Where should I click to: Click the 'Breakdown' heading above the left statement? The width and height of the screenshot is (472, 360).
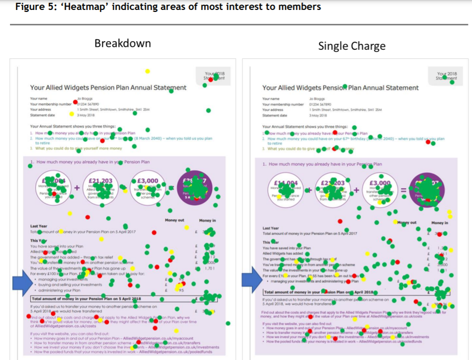pos(122,43)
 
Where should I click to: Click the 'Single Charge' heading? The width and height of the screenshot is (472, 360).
pos(351,46)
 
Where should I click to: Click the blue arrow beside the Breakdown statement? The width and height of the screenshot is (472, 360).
pos(22,284)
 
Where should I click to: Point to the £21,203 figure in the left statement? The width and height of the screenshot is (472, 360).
pos(101,181)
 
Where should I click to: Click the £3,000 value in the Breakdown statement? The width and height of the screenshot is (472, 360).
pos(148,181)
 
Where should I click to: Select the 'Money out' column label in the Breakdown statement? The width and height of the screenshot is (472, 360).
pos(175,220)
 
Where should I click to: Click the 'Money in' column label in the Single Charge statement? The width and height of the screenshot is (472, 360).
pos(439,223)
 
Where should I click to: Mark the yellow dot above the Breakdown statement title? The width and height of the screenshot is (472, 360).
pos(147,71)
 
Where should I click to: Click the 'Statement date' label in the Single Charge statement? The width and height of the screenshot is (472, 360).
pos(275,115)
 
